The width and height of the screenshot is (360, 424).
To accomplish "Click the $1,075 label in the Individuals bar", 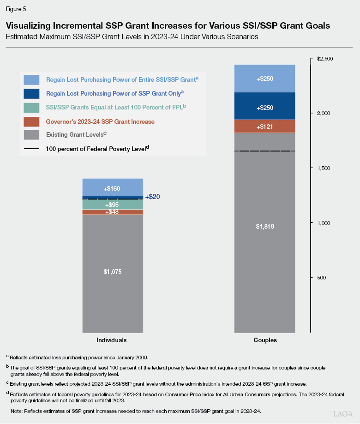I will coord(113,271).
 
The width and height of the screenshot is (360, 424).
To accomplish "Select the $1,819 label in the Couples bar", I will coord(264,226).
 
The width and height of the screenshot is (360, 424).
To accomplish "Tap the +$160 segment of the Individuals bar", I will coord(113,188).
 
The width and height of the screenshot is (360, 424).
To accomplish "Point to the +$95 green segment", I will coord(113,205).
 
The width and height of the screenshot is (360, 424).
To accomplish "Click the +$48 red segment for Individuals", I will coord(113,212).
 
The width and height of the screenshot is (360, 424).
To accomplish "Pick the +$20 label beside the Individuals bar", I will coord(152,197).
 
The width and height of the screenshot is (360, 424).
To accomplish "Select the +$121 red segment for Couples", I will coord(264,126).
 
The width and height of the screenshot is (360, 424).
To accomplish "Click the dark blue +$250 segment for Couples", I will coord(264,108).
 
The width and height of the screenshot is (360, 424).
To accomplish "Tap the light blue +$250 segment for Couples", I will coord(264,79).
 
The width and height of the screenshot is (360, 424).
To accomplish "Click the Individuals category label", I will coord(111,340).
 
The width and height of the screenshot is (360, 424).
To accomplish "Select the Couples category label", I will coord(264,340).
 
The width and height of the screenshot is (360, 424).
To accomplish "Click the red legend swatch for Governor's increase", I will coord(31,121).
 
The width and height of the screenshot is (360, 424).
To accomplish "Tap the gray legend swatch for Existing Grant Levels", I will coord(31,135).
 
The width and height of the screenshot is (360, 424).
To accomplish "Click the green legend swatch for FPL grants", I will coord(31,107).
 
